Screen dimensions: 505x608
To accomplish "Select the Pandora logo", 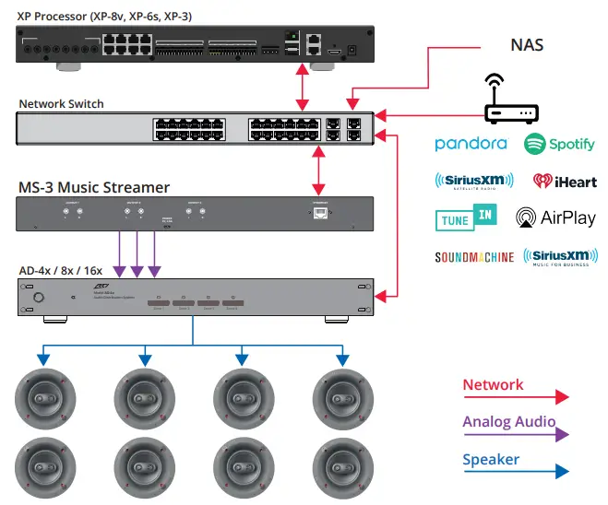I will pos(471,144).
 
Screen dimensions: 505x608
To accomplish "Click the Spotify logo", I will pos(559,145).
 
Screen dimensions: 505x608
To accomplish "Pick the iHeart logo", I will pos(563,181).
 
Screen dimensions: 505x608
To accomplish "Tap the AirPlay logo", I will pos(555,218).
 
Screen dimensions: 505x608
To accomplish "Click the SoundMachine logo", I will pos(474,257).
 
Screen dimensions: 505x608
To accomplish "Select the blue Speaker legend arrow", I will pos(516,471).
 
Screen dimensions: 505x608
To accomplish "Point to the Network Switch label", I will pos(61,104).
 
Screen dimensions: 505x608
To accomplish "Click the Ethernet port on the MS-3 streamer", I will pos(318,213).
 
